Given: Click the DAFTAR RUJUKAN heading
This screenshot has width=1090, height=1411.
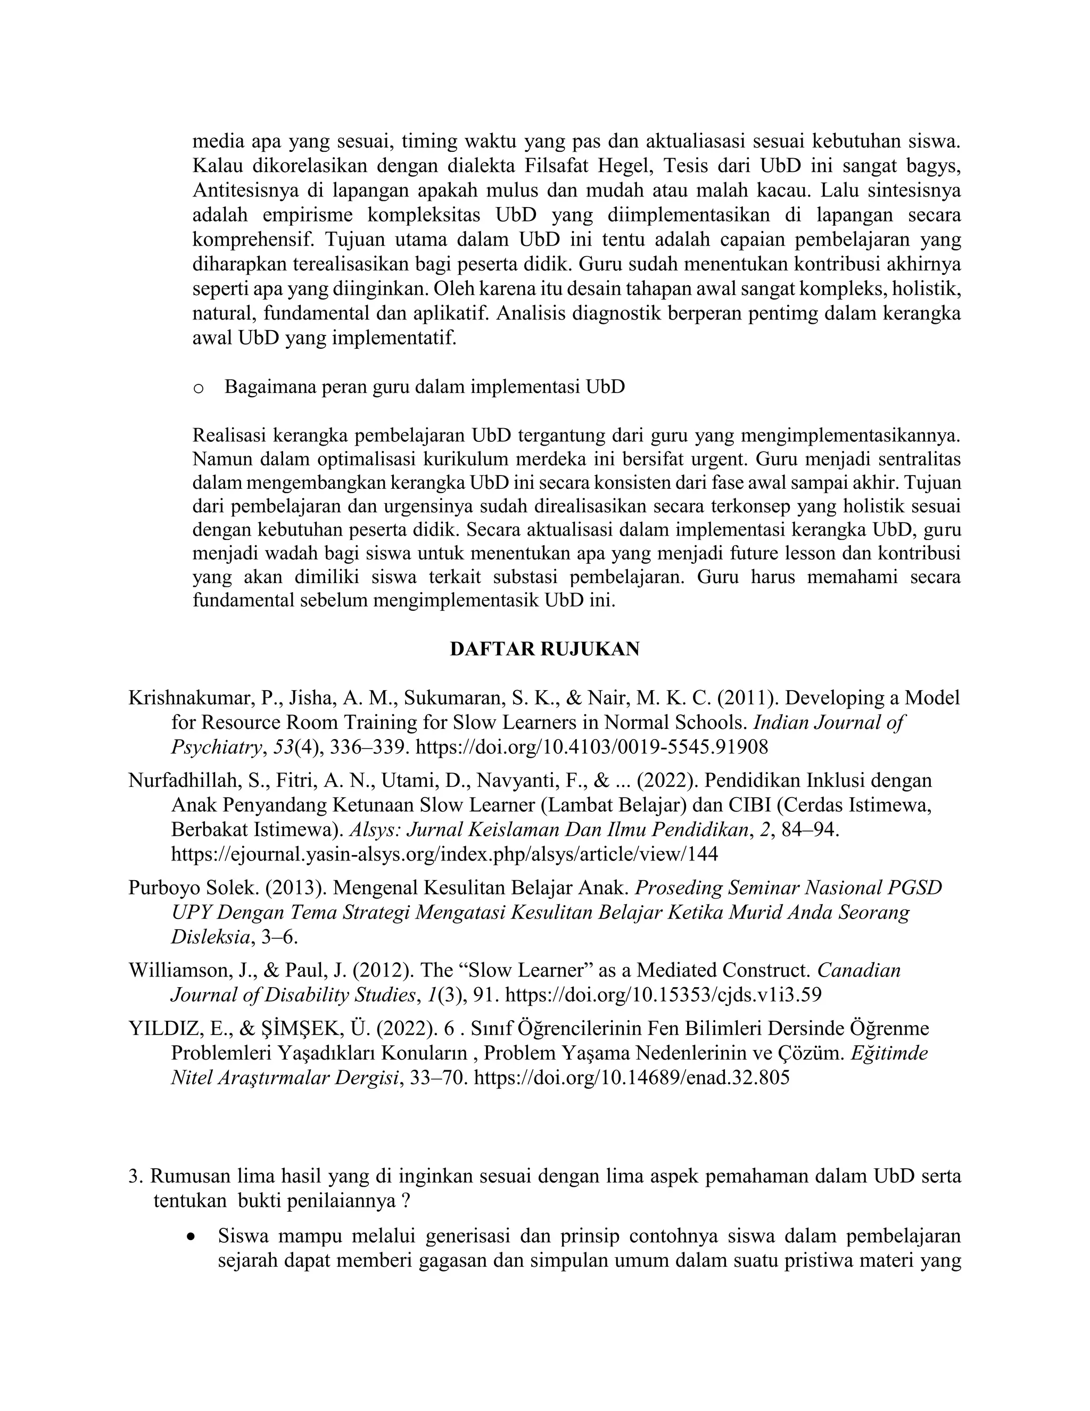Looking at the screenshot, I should coord(544,649).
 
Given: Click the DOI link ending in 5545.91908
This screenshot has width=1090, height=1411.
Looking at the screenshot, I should coord(591,747).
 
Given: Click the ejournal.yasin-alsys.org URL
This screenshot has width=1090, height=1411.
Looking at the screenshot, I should coord(444,854).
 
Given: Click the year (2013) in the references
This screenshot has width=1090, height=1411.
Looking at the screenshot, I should coord(294,888).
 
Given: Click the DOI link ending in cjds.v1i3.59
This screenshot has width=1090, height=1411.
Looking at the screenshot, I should coord(663,994).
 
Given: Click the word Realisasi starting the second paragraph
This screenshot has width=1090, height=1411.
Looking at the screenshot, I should coord(228,436).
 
